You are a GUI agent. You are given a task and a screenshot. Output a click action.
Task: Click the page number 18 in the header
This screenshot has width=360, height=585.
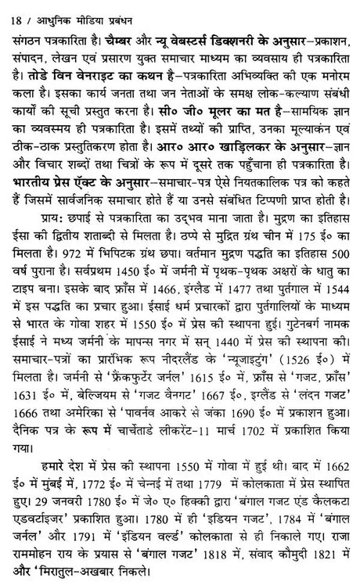coord(9,8)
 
